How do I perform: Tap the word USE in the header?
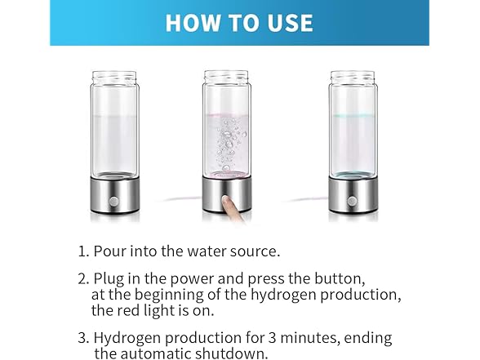pos(287,22)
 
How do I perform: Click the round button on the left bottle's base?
pos(115,200)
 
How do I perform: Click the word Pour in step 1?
pos(109,251)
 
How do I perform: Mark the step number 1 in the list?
pos(82,251)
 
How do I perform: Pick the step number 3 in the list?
pos(82,337)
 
